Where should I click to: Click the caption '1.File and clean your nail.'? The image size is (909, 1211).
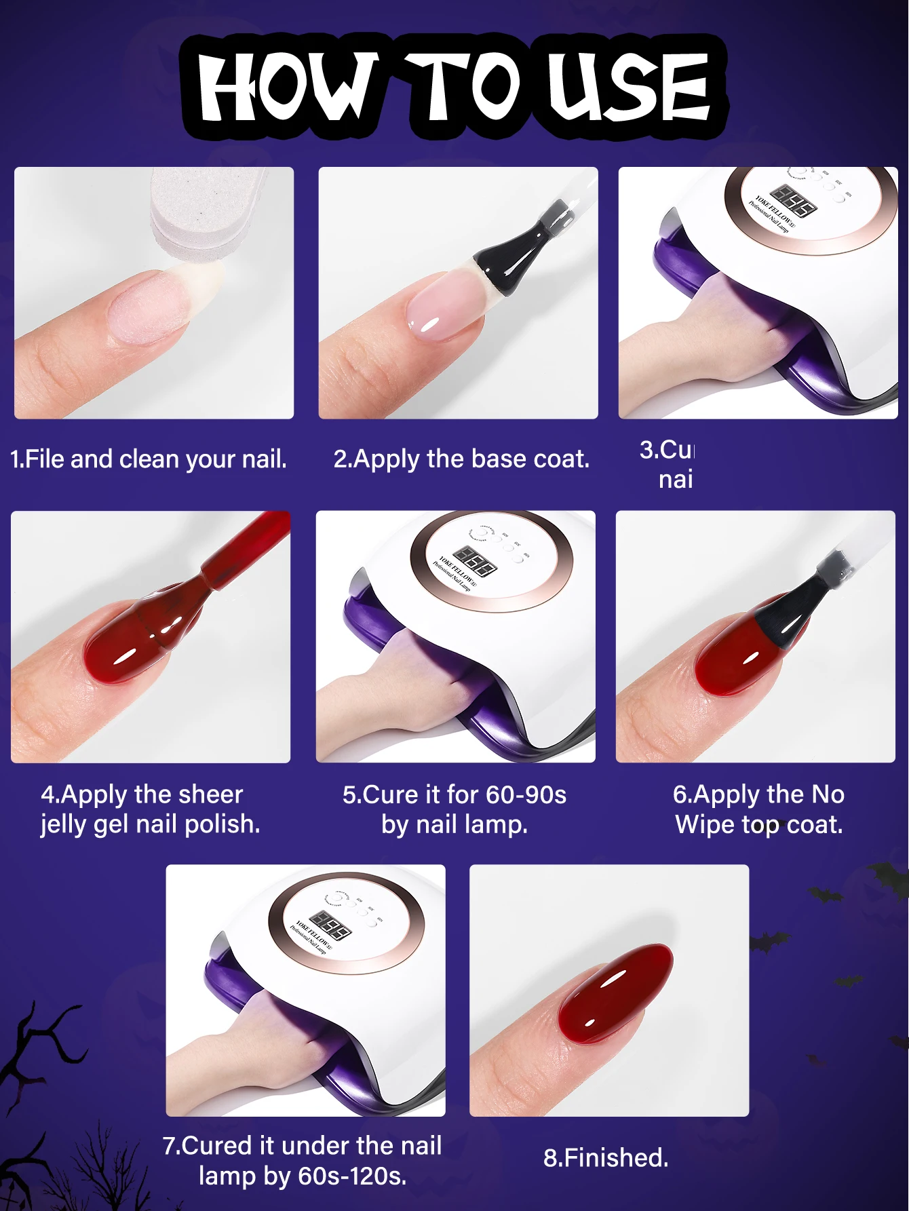[x=149, y=459]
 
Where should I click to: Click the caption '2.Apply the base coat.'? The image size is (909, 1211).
[x=461, y=459]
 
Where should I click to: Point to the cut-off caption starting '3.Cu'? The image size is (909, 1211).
[x=668, y=464]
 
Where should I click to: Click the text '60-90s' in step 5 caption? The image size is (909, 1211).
[x=526, y=794]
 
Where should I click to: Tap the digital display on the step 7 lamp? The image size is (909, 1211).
[x=332, y=925]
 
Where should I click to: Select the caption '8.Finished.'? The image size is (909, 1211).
[x=606, y=1157]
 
